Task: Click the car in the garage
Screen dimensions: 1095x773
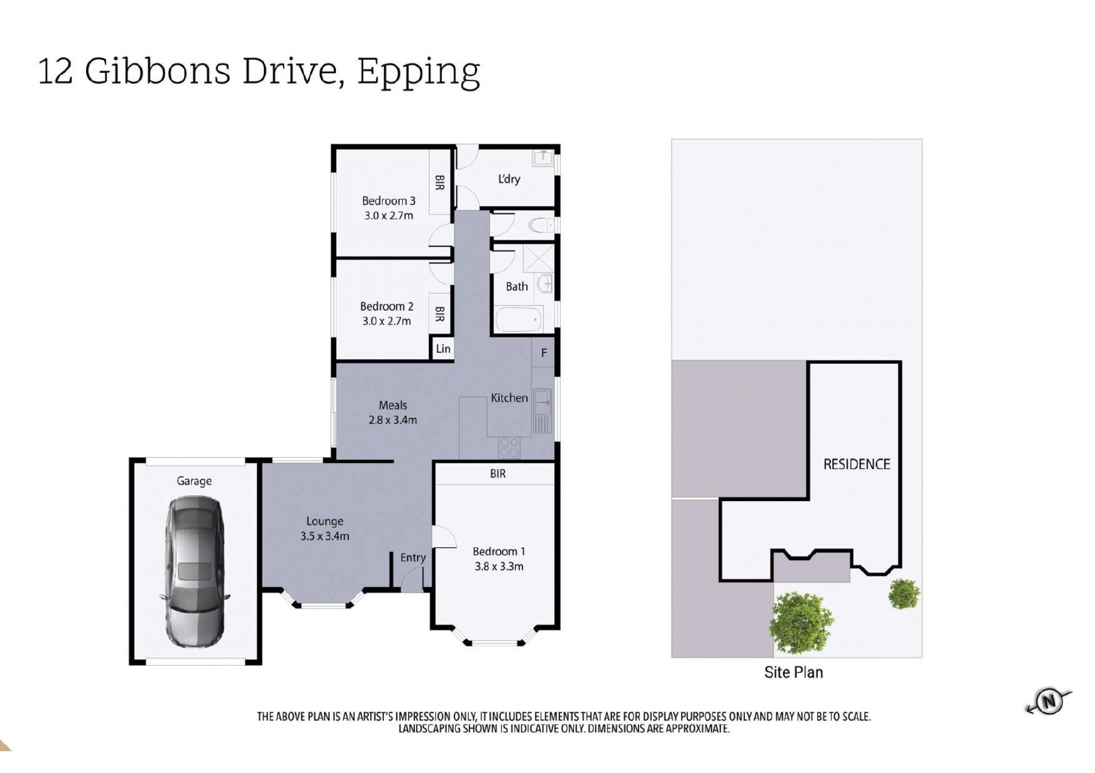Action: click(x=194, y=572)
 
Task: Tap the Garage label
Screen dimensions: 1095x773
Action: click(x=194, y=481)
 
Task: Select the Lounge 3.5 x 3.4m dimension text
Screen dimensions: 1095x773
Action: click(x=325, y=536)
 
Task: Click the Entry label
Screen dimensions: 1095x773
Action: click(x=413, y=558)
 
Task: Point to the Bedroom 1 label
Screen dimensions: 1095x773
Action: click(x=499, y=551)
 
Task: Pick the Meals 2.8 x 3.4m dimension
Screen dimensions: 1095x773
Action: click(x=392, y=420)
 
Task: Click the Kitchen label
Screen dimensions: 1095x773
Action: click(x=509, y=398)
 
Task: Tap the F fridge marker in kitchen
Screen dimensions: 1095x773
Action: click(x=544, y=353)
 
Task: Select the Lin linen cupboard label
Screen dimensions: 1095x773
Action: click(x=443, y=349)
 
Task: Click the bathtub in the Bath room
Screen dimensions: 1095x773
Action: click(x=518, y=319)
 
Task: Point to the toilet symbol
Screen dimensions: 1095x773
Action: click(x=542, y=226)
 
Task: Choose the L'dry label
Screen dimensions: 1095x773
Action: click(x=509, y=179)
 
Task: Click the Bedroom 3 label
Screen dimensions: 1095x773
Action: click(x=388, y=201)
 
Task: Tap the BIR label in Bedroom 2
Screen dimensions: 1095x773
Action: click(x=440, y=314)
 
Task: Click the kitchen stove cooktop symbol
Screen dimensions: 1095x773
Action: click(x=509, y=447)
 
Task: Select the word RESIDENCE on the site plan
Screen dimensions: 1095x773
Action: click(x=857, y=464)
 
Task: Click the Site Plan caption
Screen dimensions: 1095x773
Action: click(x=793, y=673)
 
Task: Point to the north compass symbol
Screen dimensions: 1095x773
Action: click(x=1049, y=701)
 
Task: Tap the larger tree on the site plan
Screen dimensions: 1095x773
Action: click(x=801, y=623)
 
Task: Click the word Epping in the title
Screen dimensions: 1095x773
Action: click(x=419, y=72)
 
